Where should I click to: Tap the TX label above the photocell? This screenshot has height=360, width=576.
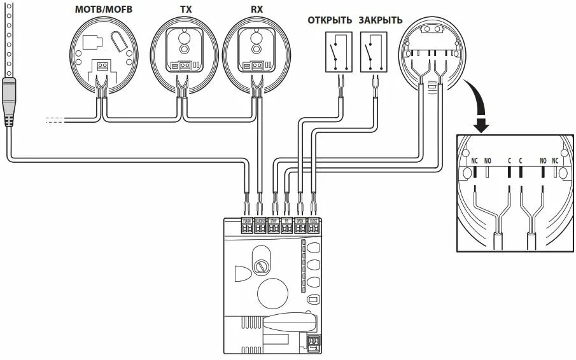coord(185,10)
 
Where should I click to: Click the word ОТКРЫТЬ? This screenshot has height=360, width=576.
coord(330,20)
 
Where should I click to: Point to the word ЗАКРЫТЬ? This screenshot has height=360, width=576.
coord(381,20)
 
